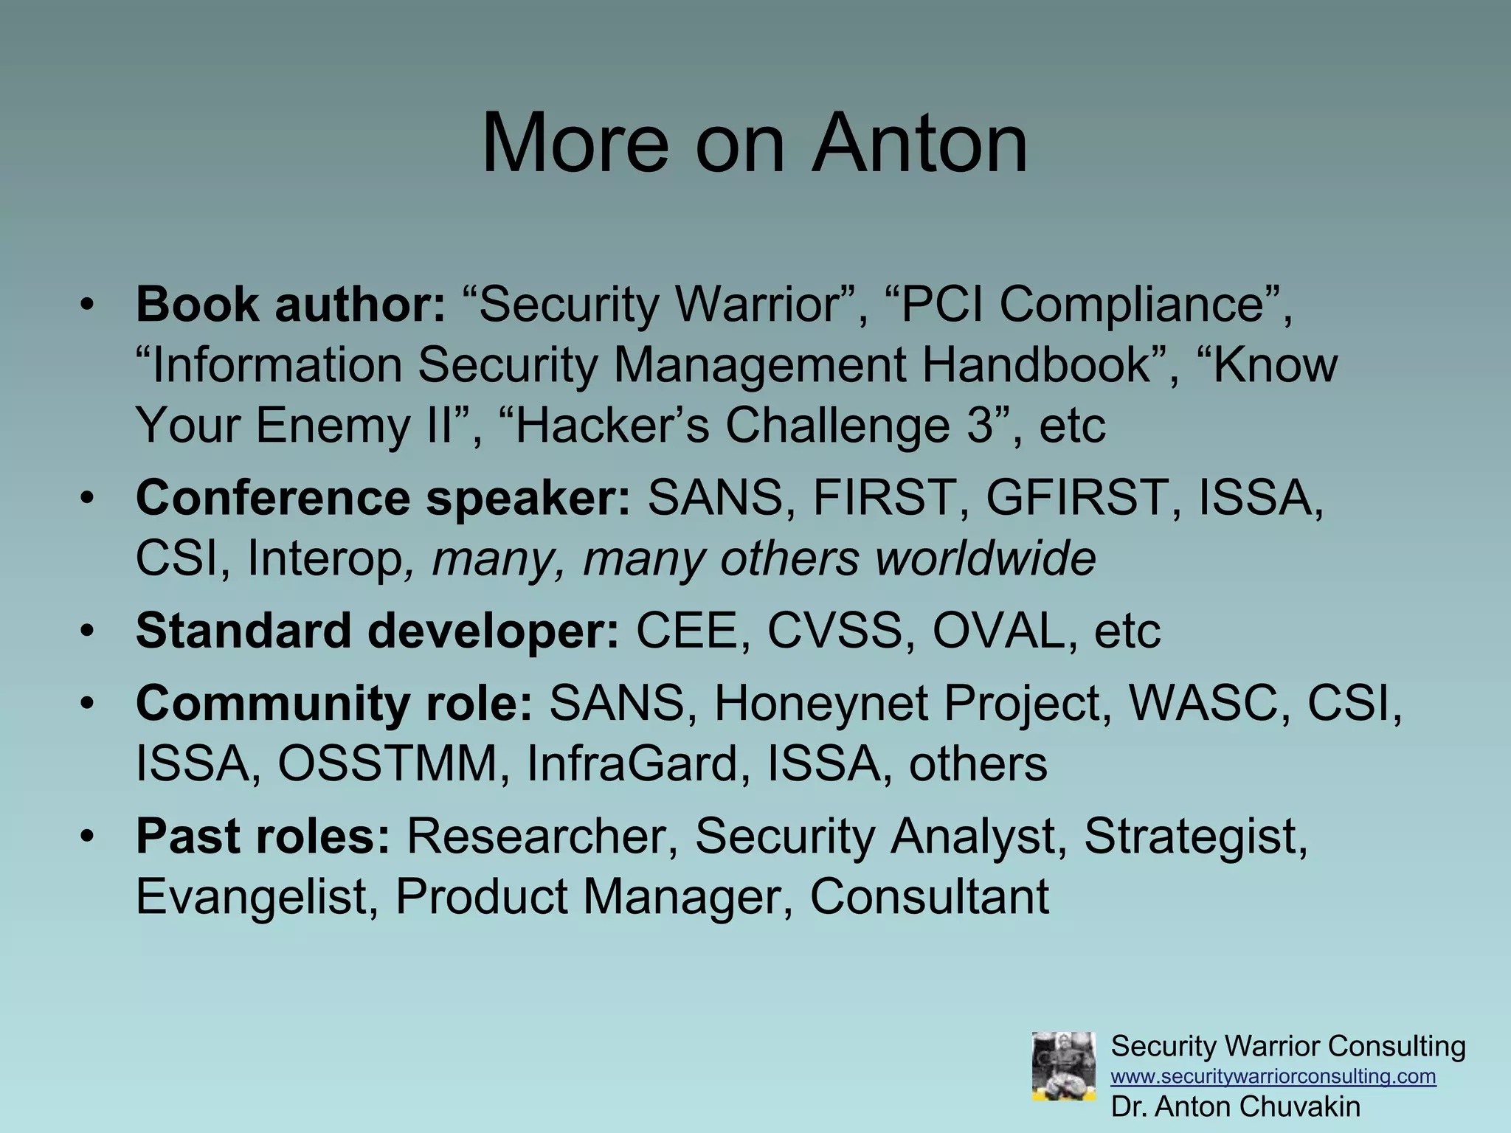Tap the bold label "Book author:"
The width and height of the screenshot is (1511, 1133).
pyautogui.click(x=291, y=305)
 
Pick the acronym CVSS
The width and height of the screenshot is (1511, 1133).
pyautogui.click(x=841, y=631)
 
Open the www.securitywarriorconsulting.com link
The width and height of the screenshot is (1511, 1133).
pyautogui.click(x=1273, y=1076)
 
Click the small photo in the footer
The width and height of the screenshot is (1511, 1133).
pyautogui.click(x=1063, y=1067)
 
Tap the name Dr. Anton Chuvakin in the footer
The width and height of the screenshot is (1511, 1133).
pyautogui.click(x=1236, y=1106)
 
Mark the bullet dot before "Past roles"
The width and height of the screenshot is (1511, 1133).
pyautogui.click(x=88, y=836)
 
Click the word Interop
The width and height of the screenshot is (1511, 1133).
pyautogui.click(x=325, y=558)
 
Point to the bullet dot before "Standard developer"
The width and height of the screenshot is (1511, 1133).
pyautogui.click(x=88, y=631)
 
